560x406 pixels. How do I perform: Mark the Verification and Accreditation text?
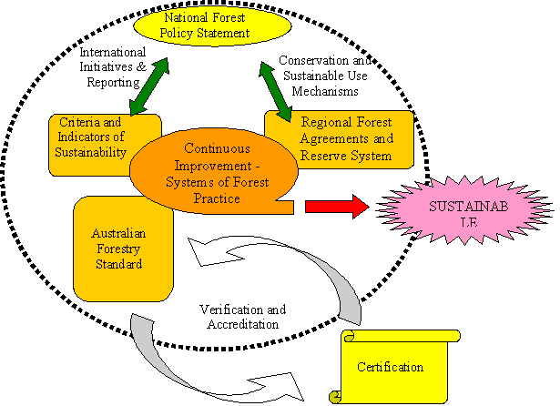point(239,315)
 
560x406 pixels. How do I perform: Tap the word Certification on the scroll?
point(390,368)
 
